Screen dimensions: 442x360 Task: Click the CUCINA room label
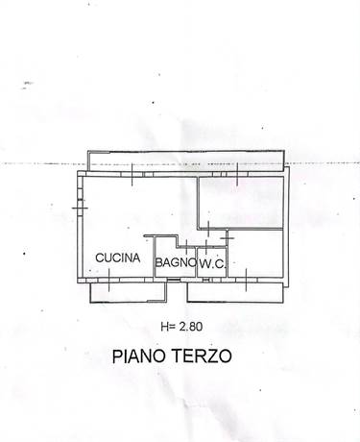pos(118,258)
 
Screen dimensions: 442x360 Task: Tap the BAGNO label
pos(177,261)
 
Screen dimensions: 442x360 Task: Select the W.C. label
pos(212,261)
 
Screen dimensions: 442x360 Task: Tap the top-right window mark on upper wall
pos(236,173)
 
